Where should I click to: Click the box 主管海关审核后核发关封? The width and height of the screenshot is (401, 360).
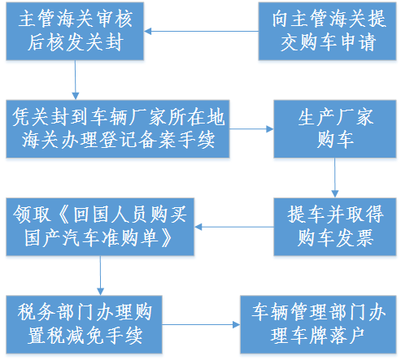coord(74,32)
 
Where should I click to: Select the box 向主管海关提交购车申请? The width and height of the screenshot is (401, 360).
coord(323,32)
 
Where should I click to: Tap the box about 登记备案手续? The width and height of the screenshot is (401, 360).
coord(116,128)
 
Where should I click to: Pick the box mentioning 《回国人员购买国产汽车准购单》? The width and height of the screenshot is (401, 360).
coord(100,225)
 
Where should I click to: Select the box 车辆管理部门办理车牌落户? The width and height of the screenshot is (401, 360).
coord(319,323)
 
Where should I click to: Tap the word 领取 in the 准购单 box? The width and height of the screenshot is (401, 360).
coord(33,215)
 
